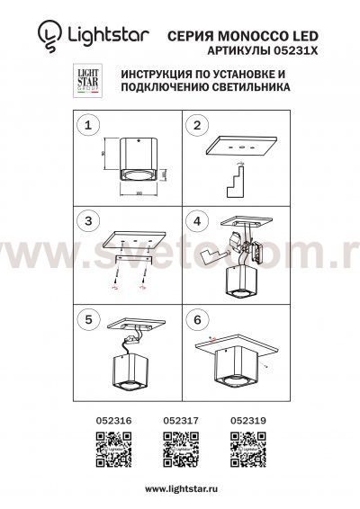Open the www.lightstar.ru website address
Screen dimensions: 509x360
[x=180, y=487]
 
